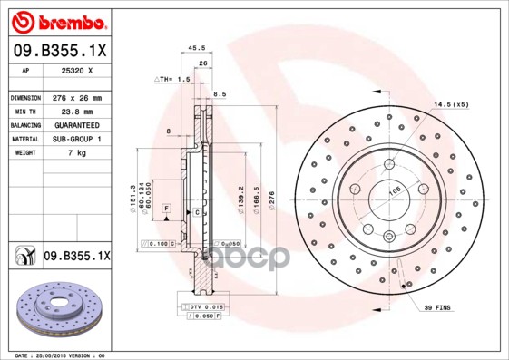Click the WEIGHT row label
(23, 153)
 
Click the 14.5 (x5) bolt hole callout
(451, 104)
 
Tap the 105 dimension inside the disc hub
(396, 192)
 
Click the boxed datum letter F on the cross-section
(166, 209)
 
